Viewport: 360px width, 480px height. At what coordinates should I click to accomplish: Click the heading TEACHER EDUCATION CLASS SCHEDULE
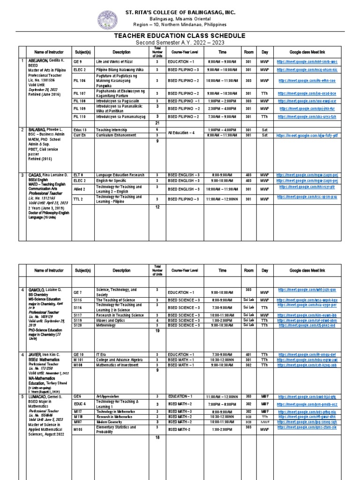click(180, 36)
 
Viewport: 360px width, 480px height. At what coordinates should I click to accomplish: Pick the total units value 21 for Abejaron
click(157, 122)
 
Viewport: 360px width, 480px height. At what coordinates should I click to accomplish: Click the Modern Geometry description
click(110, 421)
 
